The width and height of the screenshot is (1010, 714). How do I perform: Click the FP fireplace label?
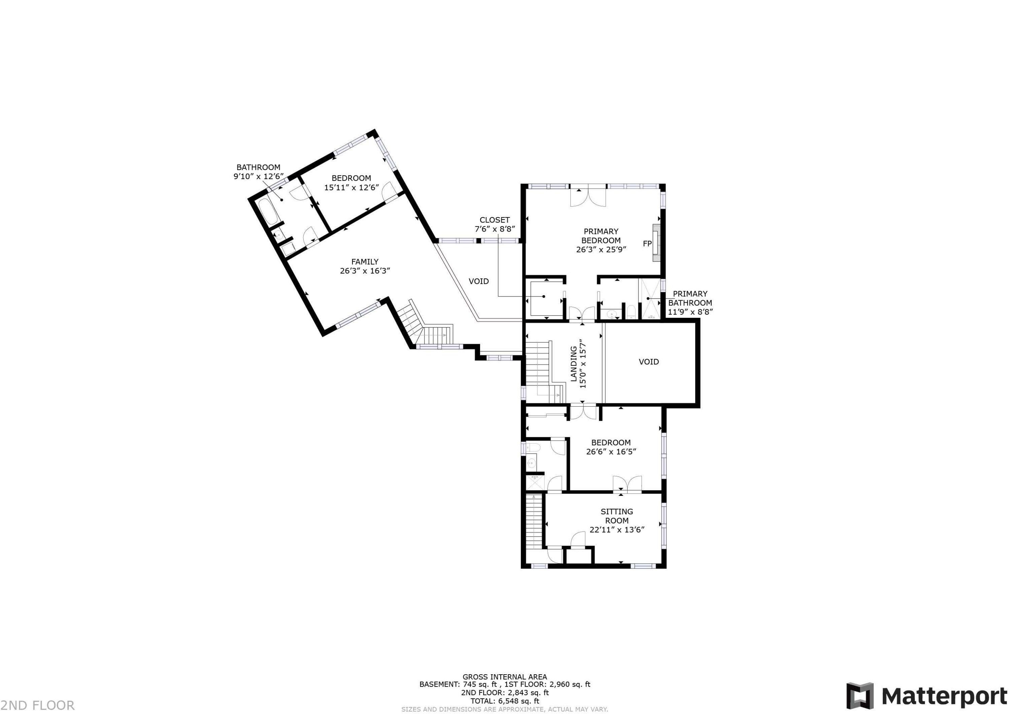647,244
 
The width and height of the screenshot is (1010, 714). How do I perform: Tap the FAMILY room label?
365,262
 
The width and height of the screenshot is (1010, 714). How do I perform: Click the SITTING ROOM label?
617,516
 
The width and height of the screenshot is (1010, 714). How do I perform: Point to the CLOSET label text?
495,220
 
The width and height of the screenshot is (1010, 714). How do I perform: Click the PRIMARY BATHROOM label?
690,298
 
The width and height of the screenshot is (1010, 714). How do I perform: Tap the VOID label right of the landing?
648,362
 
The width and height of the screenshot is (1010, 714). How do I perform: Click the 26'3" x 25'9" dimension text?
601,249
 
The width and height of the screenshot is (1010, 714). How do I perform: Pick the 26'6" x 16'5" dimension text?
611,451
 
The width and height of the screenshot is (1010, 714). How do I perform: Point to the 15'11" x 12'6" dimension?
351,188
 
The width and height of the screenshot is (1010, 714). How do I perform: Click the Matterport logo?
927,695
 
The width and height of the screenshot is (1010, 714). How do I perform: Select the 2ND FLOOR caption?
37,706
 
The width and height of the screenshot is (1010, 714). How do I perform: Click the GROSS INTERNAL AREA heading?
505,677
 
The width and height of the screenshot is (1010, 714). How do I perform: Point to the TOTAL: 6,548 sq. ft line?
505,701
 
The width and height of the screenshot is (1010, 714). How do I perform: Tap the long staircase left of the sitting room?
534,522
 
